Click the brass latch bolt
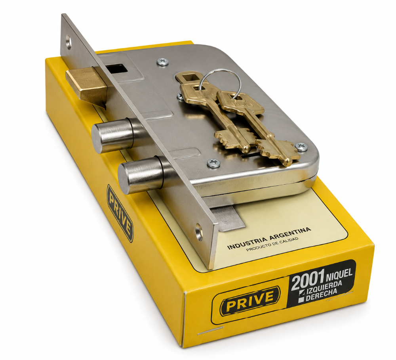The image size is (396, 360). (x=86, y=86)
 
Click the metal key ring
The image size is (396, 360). (x=219, y=80)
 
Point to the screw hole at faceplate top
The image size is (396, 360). (x=69, y=42)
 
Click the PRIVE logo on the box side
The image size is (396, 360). (x=120, y=213)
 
